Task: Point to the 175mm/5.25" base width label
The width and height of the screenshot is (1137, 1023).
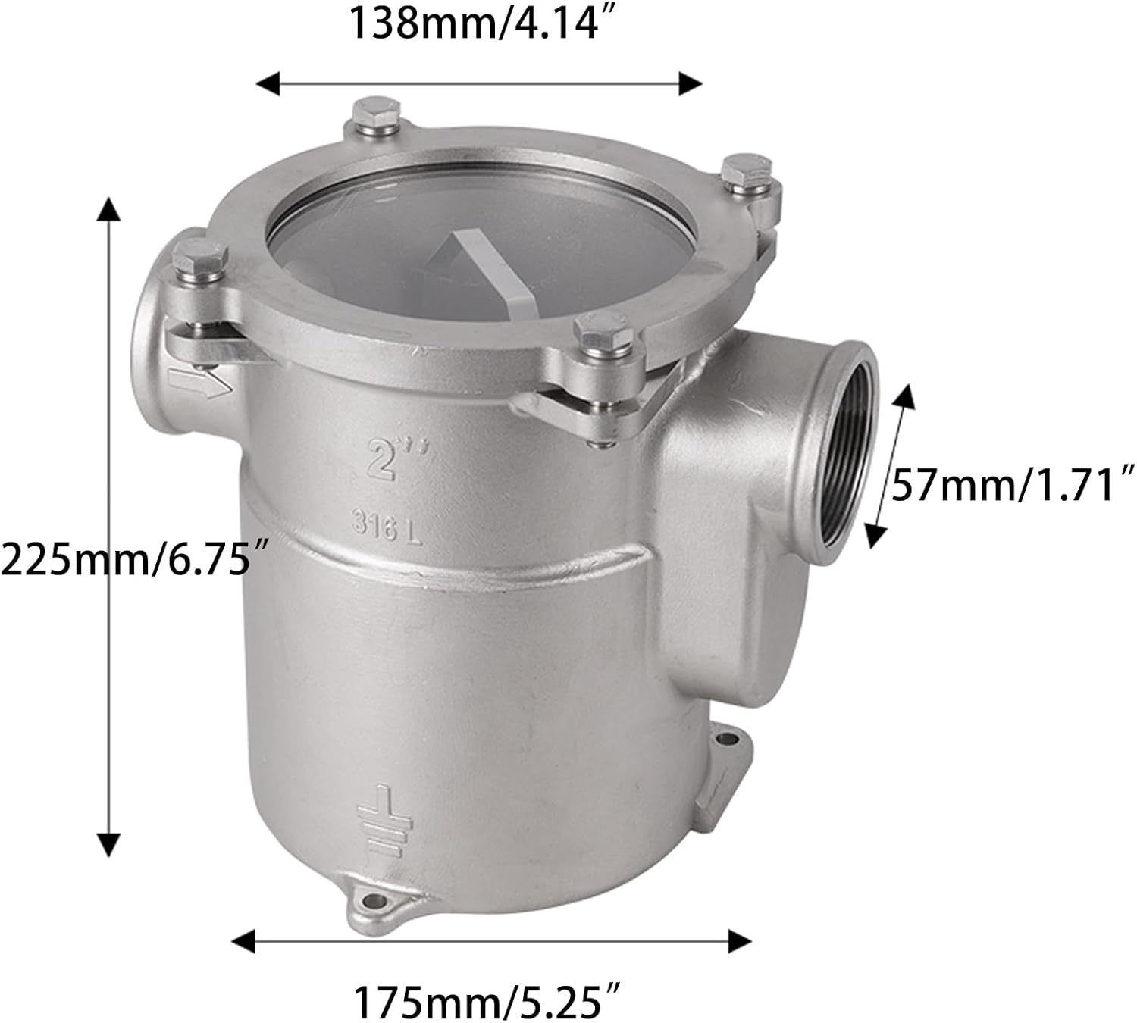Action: [x=489, y=1003]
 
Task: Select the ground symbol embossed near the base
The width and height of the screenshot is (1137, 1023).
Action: [x=386, y=821]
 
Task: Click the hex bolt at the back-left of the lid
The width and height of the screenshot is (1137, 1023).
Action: [x=375, y=114]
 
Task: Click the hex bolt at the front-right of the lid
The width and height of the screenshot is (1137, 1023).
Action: [x=603, y=334]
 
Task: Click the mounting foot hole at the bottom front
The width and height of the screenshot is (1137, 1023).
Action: [x=373, y=902]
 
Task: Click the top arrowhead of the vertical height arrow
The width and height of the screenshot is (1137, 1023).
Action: [x=111, y=208]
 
